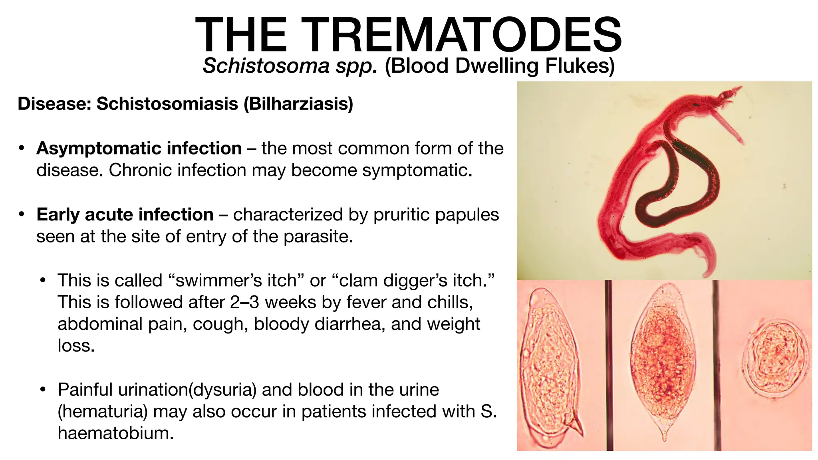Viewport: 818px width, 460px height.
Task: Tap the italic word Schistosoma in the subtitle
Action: [266, 66]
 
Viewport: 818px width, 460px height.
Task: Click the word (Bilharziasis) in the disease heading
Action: [298, 104]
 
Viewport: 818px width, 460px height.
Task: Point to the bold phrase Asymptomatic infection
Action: [139, 149]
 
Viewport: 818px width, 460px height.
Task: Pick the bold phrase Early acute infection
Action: [125, 215]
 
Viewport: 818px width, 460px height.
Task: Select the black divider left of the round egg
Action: [717, 365]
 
